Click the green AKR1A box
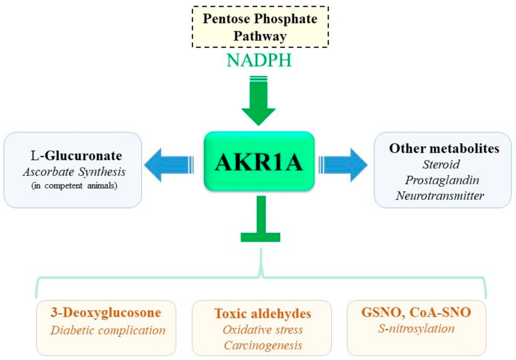click(x=259, y=161)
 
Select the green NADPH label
click(x=259, y=60)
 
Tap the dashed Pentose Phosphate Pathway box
click(x=260, y=27)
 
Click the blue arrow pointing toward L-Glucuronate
click(x=169, y=165)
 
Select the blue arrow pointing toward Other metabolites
click(x=343, y=165)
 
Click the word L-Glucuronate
click(x=76, y=156)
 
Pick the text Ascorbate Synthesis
click(x=74, y=172)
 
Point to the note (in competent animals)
click(x=74, y=186)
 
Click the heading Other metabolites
click(x=444, y=148)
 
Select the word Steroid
click(x=441, y=164)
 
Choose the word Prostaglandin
click(x=442, y=180)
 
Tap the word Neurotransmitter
click(x=440, y=196)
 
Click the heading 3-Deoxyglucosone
click(x=106, y=312)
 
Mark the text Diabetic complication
click(x=108, y=330)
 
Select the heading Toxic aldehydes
click(x=263, y=314)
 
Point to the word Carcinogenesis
click(x=263, y=345)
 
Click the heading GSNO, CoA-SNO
click(x=416, y=312)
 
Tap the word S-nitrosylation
click(x=416, y=328)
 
